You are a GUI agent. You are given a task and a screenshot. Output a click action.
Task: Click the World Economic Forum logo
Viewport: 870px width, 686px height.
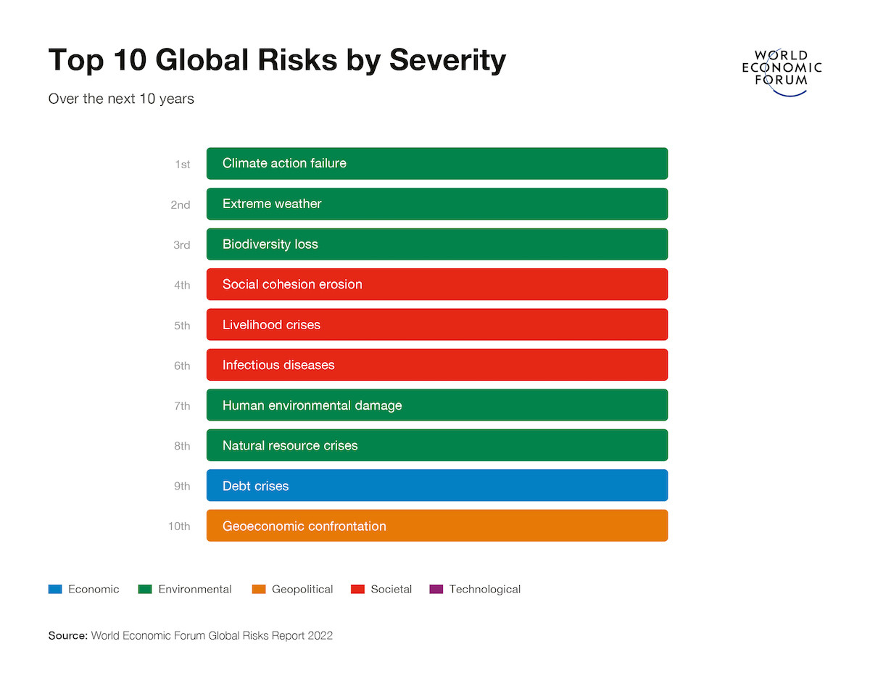coord(782,69)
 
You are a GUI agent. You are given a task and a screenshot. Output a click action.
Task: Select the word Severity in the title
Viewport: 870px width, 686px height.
coord(447,60)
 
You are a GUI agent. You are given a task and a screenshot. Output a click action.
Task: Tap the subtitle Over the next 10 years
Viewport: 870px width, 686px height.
coord(121,99)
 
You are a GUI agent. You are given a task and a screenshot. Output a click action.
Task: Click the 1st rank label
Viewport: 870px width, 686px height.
coord(182,165)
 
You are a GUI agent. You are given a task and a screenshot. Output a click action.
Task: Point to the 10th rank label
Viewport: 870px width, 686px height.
coord(179,526)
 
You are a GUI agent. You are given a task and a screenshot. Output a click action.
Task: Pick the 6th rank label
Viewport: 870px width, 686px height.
coord(182,365)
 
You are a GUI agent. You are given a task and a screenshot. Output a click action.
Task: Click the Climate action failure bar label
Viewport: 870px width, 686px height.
coord(284,163)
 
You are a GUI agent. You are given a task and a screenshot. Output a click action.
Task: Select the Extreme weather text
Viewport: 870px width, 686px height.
coord(272,204)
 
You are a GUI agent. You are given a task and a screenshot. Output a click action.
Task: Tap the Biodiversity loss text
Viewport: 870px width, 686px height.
coord(270,244)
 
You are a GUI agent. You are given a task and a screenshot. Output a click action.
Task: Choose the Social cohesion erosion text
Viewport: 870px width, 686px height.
coord(292,284)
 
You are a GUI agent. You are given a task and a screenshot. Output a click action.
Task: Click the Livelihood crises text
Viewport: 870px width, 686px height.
coord(271,325)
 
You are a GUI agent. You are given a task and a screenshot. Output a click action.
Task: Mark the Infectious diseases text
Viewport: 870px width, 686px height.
coord(278,365)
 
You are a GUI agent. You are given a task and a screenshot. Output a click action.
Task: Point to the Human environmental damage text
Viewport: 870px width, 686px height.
coord(312,405)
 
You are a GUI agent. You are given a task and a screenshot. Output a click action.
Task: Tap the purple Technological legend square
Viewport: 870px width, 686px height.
coord(436,590)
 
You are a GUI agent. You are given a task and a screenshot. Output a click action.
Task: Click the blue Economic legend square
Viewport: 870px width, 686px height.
coord(55,590)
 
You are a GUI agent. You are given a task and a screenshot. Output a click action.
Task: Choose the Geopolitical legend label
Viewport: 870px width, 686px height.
coord(302,590)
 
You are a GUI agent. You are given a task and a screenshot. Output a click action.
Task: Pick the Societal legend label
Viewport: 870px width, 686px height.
coord(391,590)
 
